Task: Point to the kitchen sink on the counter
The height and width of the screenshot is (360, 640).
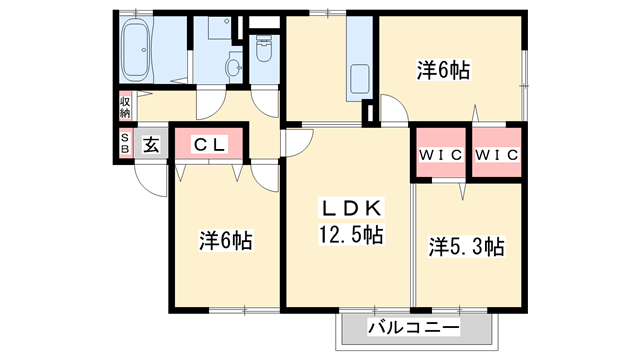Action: tap(357, 78)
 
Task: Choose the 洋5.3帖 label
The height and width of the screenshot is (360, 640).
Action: tap(467, 245)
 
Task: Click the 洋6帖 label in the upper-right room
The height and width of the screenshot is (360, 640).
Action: tap(443, 70)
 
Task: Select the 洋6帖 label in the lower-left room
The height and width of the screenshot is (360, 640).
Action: tap(225, 241)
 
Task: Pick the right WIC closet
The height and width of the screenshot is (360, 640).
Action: tap(495, 154)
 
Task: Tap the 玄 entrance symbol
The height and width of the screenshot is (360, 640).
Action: tap(150, 144)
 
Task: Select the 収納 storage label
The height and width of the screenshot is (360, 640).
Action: tap(126, 105)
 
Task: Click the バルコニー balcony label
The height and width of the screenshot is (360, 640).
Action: tap(413, 328)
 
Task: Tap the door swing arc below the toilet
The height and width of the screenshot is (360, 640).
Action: tap(265, 101)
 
